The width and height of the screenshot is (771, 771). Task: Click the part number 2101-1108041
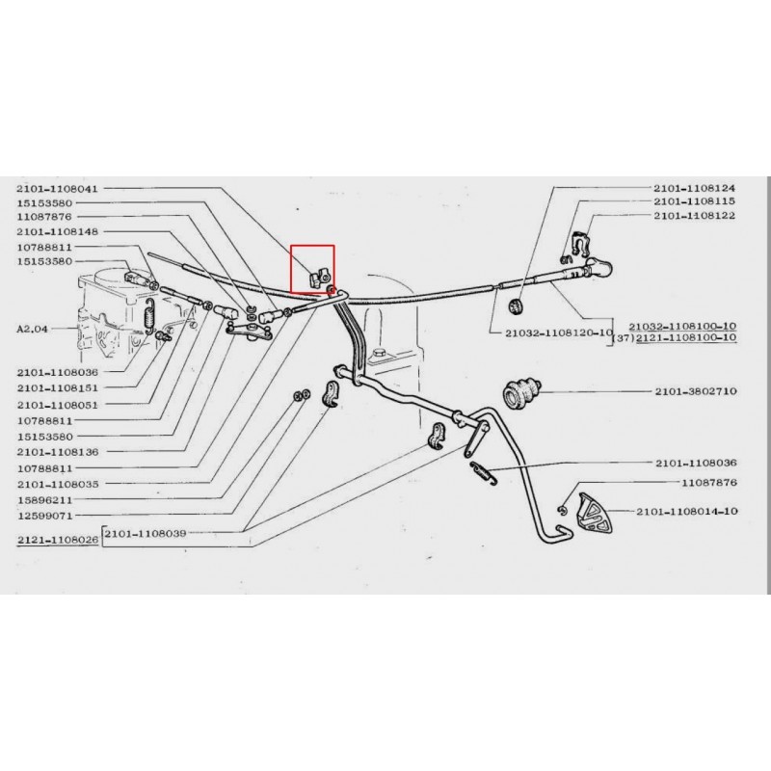tap(58, 189)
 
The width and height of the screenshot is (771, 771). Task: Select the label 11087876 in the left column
tap(44, 217)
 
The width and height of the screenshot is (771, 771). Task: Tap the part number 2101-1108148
tap(58, 231)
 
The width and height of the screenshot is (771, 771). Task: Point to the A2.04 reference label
tap(33, 329)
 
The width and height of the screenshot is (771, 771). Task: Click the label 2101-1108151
tap(58, 388)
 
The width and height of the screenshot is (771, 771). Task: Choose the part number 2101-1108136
tap(58, 452)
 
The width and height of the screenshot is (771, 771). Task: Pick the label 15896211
tap(44, 500)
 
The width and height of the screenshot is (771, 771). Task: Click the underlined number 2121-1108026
tap(58, 540)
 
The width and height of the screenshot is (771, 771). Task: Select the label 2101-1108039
tap(146, 533)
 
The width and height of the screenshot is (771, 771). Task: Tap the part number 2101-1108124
tap(694, 188)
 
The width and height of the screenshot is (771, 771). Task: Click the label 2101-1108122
tap(694, 215)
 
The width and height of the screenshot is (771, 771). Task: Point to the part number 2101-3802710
tap(696, 391)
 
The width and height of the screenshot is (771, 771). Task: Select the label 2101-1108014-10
tap(687, 512)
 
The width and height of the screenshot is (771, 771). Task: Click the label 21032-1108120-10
tap(559, 332)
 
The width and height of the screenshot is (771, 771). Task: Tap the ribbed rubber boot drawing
tap(521, 393)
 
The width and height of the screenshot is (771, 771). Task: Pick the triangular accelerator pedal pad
tap(594, 513)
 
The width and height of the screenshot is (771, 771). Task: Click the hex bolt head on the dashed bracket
tap(380, 354)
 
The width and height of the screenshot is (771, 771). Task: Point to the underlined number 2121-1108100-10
tap(686, 337)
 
